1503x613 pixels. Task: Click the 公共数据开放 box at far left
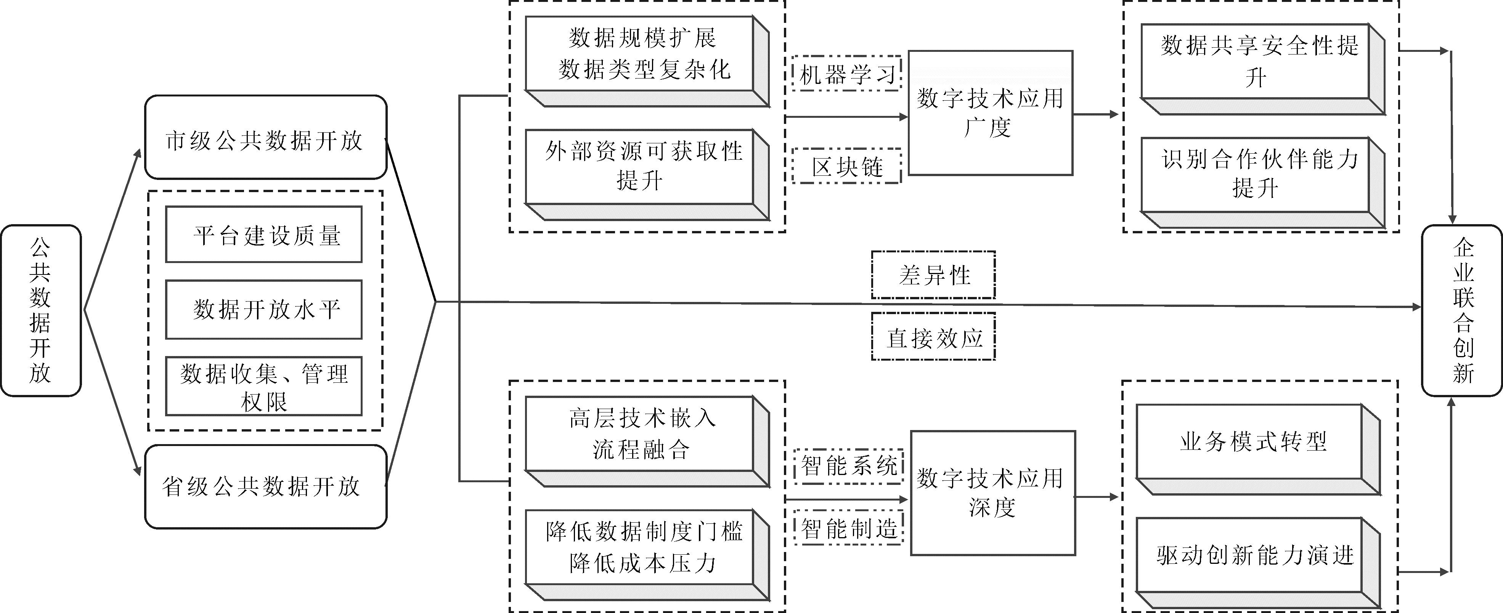coord(40,310)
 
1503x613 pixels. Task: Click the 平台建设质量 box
coord(264,234)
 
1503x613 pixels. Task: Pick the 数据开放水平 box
coord(264,309)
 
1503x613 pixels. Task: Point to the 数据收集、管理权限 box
coord(264,386)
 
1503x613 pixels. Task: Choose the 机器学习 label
coord(846,74)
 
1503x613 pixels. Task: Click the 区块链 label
coord(846,167)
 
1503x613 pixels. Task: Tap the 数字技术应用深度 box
coord(992,493)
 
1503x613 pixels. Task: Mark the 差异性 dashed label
coord(933,275)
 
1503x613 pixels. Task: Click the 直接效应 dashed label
coord(933,337)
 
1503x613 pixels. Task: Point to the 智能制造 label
coord(848,528)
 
